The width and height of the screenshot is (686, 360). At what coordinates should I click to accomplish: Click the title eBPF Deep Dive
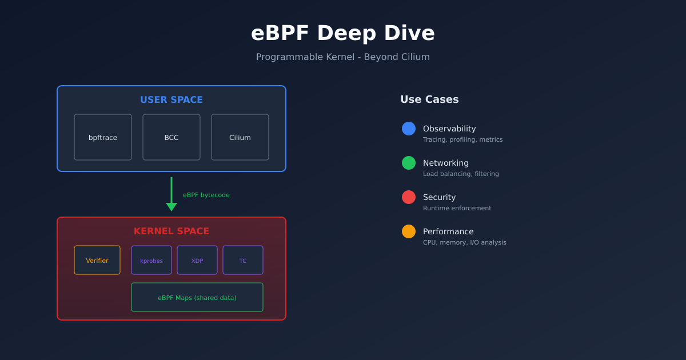343,33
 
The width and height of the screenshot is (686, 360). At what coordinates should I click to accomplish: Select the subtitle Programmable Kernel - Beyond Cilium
343,57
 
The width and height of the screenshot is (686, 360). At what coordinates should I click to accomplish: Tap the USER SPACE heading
171,100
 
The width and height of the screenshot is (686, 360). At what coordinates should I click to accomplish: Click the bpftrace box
103,137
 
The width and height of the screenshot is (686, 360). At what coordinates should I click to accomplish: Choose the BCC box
171,137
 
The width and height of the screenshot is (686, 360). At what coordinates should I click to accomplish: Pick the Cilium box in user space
240,137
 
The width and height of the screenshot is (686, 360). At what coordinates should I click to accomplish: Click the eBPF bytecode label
206,195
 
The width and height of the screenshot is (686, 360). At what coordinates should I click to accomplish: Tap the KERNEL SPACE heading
171,231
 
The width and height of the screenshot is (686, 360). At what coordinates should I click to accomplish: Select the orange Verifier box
97,261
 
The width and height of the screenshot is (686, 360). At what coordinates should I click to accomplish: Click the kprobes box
151,261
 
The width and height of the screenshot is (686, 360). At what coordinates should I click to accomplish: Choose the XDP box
197,261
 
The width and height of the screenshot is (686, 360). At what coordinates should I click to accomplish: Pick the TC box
243,261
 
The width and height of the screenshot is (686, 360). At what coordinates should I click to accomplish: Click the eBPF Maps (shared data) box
197,298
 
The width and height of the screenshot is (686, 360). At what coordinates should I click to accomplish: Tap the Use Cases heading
429,99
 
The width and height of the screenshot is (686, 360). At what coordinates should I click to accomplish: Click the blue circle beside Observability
409,129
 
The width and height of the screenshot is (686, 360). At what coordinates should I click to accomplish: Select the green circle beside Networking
409,163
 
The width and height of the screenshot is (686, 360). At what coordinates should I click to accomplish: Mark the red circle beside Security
409,197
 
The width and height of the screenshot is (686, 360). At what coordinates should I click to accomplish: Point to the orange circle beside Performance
409,231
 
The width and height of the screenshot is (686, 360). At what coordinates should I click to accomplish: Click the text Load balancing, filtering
461,174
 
